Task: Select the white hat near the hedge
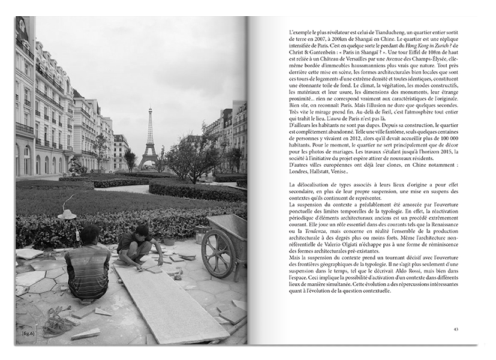click(67, 214)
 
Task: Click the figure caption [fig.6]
click(28, 332)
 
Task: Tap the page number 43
click(456, 329)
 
